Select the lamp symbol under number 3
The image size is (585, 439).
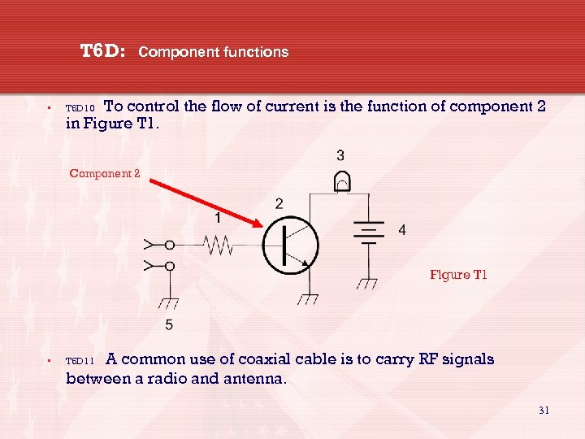[341, 183]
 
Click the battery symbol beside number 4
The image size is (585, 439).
[370, 231]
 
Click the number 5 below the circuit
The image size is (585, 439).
[169, 325]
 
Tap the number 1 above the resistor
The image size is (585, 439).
[218, 218]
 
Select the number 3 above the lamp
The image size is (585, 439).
[340, 155]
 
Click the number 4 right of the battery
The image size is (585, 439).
[401, 231]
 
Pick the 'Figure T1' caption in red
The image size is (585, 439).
[458, 275]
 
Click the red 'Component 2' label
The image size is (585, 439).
[105, 173]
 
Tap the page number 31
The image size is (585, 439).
[544, 411]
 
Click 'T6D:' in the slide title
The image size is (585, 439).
[102, 52]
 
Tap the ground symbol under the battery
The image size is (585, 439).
[368, 284]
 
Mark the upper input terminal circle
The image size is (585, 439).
[170, 244]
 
